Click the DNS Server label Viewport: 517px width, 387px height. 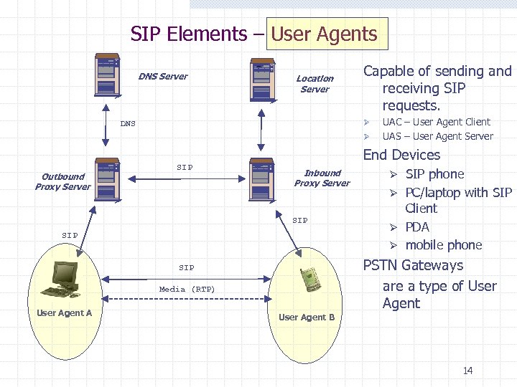point(163,77)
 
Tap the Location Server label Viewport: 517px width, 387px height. point(315,84)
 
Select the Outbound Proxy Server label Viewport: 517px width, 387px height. point(63,182)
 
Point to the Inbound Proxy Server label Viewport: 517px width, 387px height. point(322,178)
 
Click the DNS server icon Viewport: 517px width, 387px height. point(107,74)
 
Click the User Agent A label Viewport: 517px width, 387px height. point(64,313)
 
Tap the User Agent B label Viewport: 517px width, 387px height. point(307,317)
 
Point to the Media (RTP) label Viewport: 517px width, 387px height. point(187,290)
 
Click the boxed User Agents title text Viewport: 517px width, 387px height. point(324,34)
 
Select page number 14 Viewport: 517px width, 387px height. point(468,371)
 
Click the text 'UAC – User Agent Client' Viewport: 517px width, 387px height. point(436,122)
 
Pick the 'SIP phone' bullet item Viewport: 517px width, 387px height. point(434,174)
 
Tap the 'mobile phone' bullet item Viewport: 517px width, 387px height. point(443,245)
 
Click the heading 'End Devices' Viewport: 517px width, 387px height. point(401,155)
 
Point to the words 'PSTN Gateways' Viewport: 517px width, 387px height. point(413,265)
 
